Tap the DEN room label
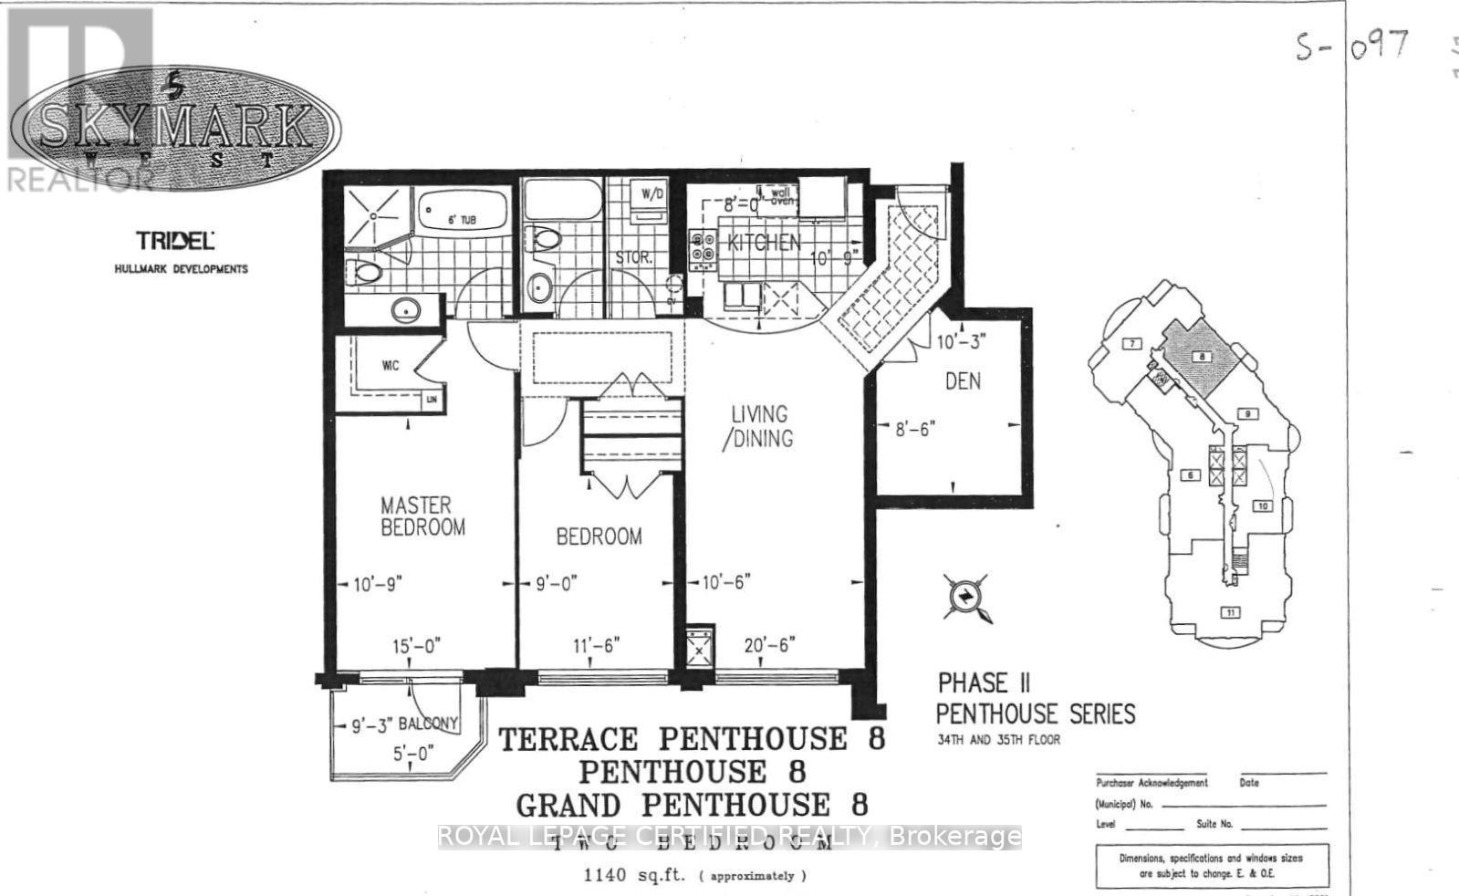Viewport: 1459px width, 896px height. tap(963, 380)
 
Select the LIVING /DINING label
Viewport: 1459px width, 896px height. tap(759, 426)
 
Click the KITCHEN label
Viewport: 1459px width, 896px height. tap(764, 243)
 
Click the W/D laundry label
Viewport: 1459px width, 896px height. tap(651, 193)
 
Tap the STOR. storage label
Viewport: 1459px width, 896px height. tap(632, 258)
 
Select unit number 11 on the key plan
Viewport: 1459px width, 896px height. tap(1232, 612)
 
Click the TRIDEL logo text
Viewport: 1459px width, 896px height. tap(174, 241)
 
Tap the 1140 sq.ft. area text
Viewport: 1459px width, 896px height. tap(638, 876)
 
